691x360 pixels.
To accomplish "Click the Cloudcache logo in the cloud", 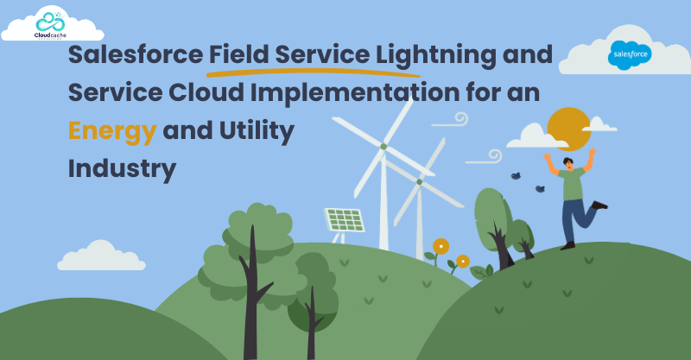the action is (50, 25).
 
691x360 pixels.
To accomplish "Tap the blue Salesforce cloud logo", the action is (630, 55).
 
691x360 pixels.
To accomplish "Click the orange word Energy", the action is (112, 131).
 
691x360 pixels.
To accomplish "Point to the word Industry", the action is (122, 168).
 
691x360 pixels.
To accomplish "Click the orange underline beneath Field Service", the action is (314, 72).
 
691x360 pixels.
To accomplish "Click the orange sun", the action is (568, 129).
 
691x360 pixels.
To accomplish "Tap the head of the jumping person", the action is (568, 163).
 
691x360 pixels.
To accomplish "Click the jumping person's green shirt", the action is (572, 184).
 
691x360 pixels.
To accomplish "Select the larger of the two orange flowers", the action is (441, 246).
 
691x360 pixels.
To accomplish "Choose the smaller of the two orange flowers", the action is (463, 262).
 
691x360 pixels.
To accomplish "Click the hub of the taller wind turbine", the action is (384, 146).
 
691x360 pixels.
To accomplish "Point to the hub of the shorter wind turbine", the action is (419, 181).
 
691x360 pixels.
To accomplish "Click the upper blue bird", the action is (516, 176).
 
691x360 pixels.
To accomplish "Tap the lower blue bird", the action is (540, 188).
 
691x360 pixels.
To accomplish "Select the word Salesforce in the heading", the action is (136, 54).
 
